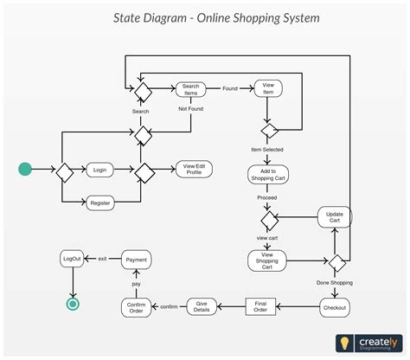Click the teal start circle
(x=24, y=169)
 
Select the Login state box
(x=100, y=170)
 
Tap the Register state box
(x=100, y=202)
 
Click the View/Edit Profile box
(x=193, y=170)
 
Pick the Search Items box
(x=190, y=89)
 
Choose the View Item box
(x=269, y=89)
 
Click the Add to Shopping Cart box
(x=267, y=174)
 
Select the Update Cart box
(x=334, y=216)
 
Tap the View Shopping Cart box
(x=267, y=260)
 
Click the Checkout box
(x=334, y=306)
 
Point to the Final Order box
(x=260, y=306)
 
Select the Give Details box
(x=201, y=306)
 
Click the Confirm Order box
(x=137, y=306)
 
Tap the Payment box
(x=137, y=259)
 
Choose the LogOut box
(x=73, y=259)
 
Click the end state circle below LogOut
(x=73, y=304)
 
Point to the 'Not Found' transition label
(x=190, y=109)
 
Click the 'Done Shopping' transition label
(x=333, y=283)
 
